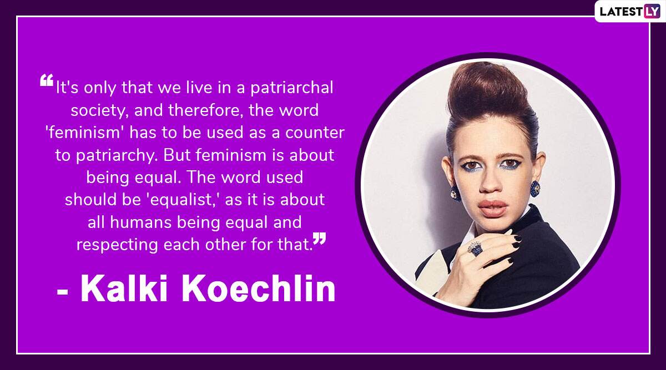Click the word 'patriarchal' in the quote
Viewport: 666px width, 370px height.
coord(292,88)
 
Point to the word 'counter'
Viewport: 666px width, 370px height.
coord(315,133)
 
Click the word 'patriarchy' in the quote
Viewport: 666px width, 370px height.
coord(117,155)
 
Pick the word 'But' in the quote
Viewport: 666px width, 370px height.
coord(176,155)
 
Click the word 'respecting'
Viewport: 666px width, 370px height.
coord(117,245)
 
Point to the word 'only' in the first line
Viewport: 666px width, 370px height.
coord(99,88)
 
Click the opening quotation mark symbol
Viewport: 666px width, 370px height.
coord(47,80)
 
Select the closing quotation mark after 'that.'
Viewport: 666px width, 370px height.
coord(320,239)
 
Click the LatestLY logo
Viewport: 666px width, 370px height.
coord(630,11)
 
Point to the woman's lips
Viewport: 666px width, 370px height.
coord(493,208)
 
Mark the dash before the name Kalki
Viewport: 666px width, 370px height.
coord(63,292)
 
